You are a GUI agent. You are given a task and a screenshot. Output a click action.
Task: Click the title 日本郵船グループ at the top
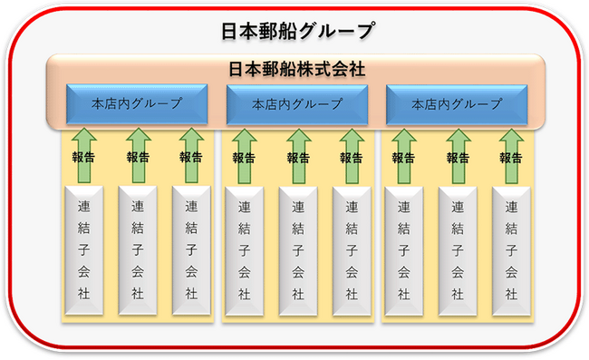pyautogui.click(x=297, y=31)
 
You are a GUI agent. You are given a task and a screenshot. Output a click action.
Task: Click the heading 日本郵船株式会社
pyautogui.click(x=296, y=70)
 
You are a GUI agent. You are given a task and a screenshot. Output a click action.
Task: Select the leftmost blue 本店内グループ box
pyautogui.click(x=137, y=104)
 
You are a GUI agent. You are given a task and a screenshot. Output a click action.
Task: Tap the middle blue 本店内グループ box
pyautogui.click(x=296, y=104)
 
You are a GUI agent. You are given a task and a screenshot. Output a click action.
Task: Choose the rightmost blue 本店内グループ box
pyautogui.click(x=457, y=104)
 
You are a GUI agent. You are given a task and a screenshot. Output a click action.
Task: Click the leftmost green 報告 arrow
pyautogui.click(x=83, y=156)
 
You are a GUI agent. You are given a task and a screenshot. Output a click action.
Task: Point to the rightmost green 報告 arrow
pyautogui.click(x=511, y=156)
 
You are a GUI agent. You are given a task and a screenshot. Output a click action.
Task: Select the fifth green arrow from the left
pyautogui.click(x=299, y=156)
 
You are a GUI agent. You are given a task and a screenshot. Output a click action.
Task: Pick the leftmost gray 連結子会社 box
pyautogui.click(x=83, y=250)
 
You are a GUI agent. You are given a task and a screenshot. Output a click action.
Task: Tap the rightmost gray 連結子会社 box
pyautogui.click(x=511, y=251)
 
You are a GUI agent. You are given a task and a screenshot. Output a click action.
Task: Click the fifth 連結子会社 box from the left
pyautogui.click(x=298, y=251)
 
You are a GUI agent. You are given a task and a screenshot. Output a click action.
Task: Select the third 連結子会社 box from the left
pyautogui.click(x=191, y=250)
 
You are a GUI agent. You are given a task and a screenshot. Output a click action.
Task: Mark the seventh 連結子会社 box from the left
pyautogui.click(x=404, y=251)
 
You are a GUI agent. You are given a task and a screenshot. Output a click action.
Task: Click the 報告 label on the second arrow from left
pyautogui.click(x=138, y=157)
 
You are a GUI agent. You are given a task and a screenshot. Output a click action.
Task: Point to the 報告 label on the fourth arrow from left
pyautogui.click(x=244, y=158)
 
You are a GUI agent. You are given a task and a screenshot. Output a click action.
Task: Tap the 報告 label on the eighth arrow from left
pyautogui.click(x=458, y=158)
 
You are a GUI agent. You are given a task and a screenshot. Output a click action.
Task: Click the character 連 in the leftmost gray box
pyautogui.click(x=83, y=207)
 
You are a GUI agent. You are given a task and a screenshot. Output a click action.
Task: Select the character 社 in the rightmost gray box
pyautogui.click(x=511, y=294)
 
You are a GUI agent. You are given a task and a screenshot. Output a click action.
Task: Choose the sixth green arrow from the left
pyautogui.click(x=352, y=156)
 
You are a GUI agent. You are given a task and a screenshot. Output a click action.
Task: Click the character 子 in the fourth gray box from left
pyautogui.click(x=244, y=250)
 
